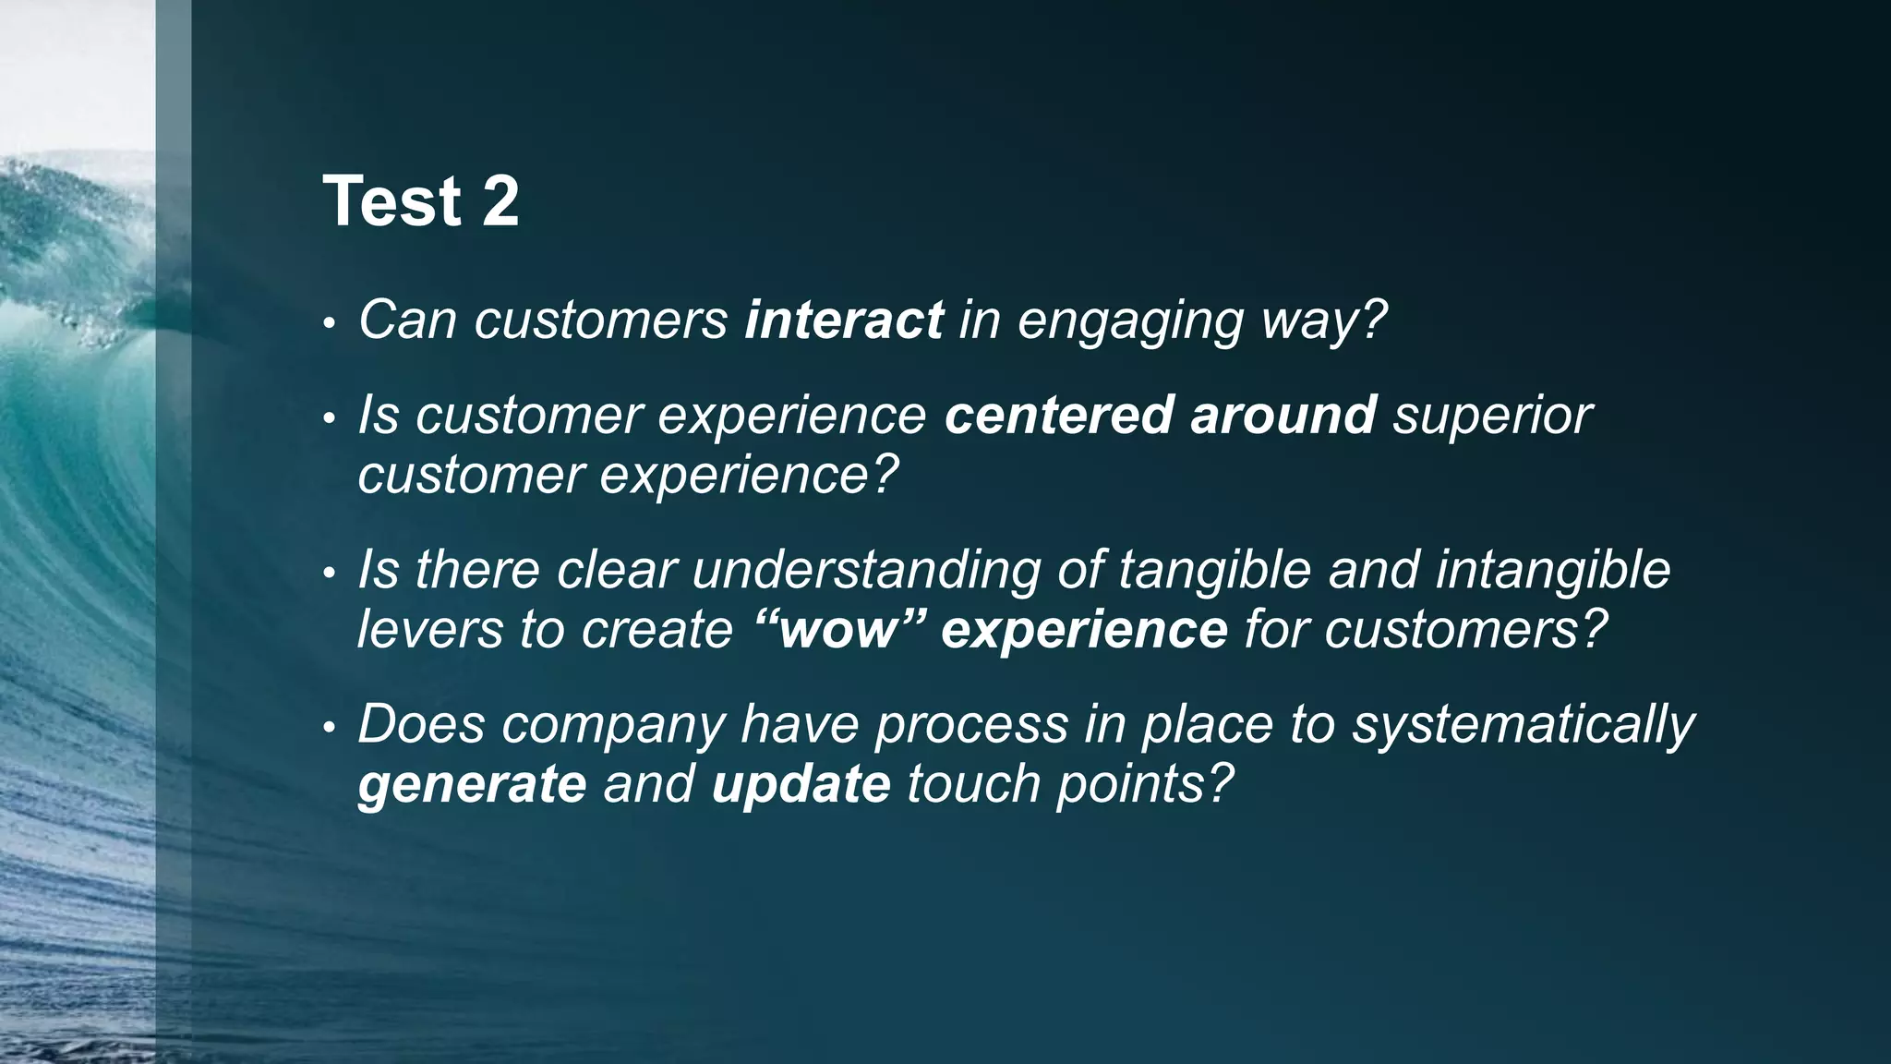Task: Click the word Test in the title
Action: pyautogui.click(x=391, y=201)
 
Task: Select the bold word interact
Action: pyautogui.click(x=843, y=320)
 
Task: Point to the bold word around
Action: pyautogui.click(x=1283, y=415)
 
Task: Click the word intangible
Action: pyautogui.click(x=1552, y=571)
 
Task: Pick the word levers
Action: pyautogui.click(x=429, y=630)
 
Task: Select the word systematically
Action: pyautogui.click(x=1523, y=726)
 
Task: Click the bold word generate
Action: pyautogui.click(x=472, y=786)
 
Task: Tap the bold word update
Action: pyautogui.click(x=801, y=786)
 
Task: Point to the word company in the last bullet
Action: pyautogui.click(x=613, y=726)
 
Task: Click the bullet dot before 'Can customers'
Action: pyautogui.click(x=328, y=325)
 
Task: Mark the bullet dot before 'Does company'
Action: pyautogui.click(x=328, y=730)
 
